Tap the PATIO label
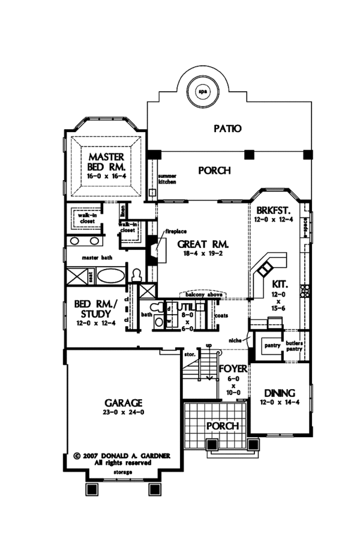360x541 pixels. tap(227, 128)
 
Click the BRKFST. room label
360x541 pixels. tap(274, 211)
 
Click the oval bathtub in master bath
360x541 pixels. tap(111, 276)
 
